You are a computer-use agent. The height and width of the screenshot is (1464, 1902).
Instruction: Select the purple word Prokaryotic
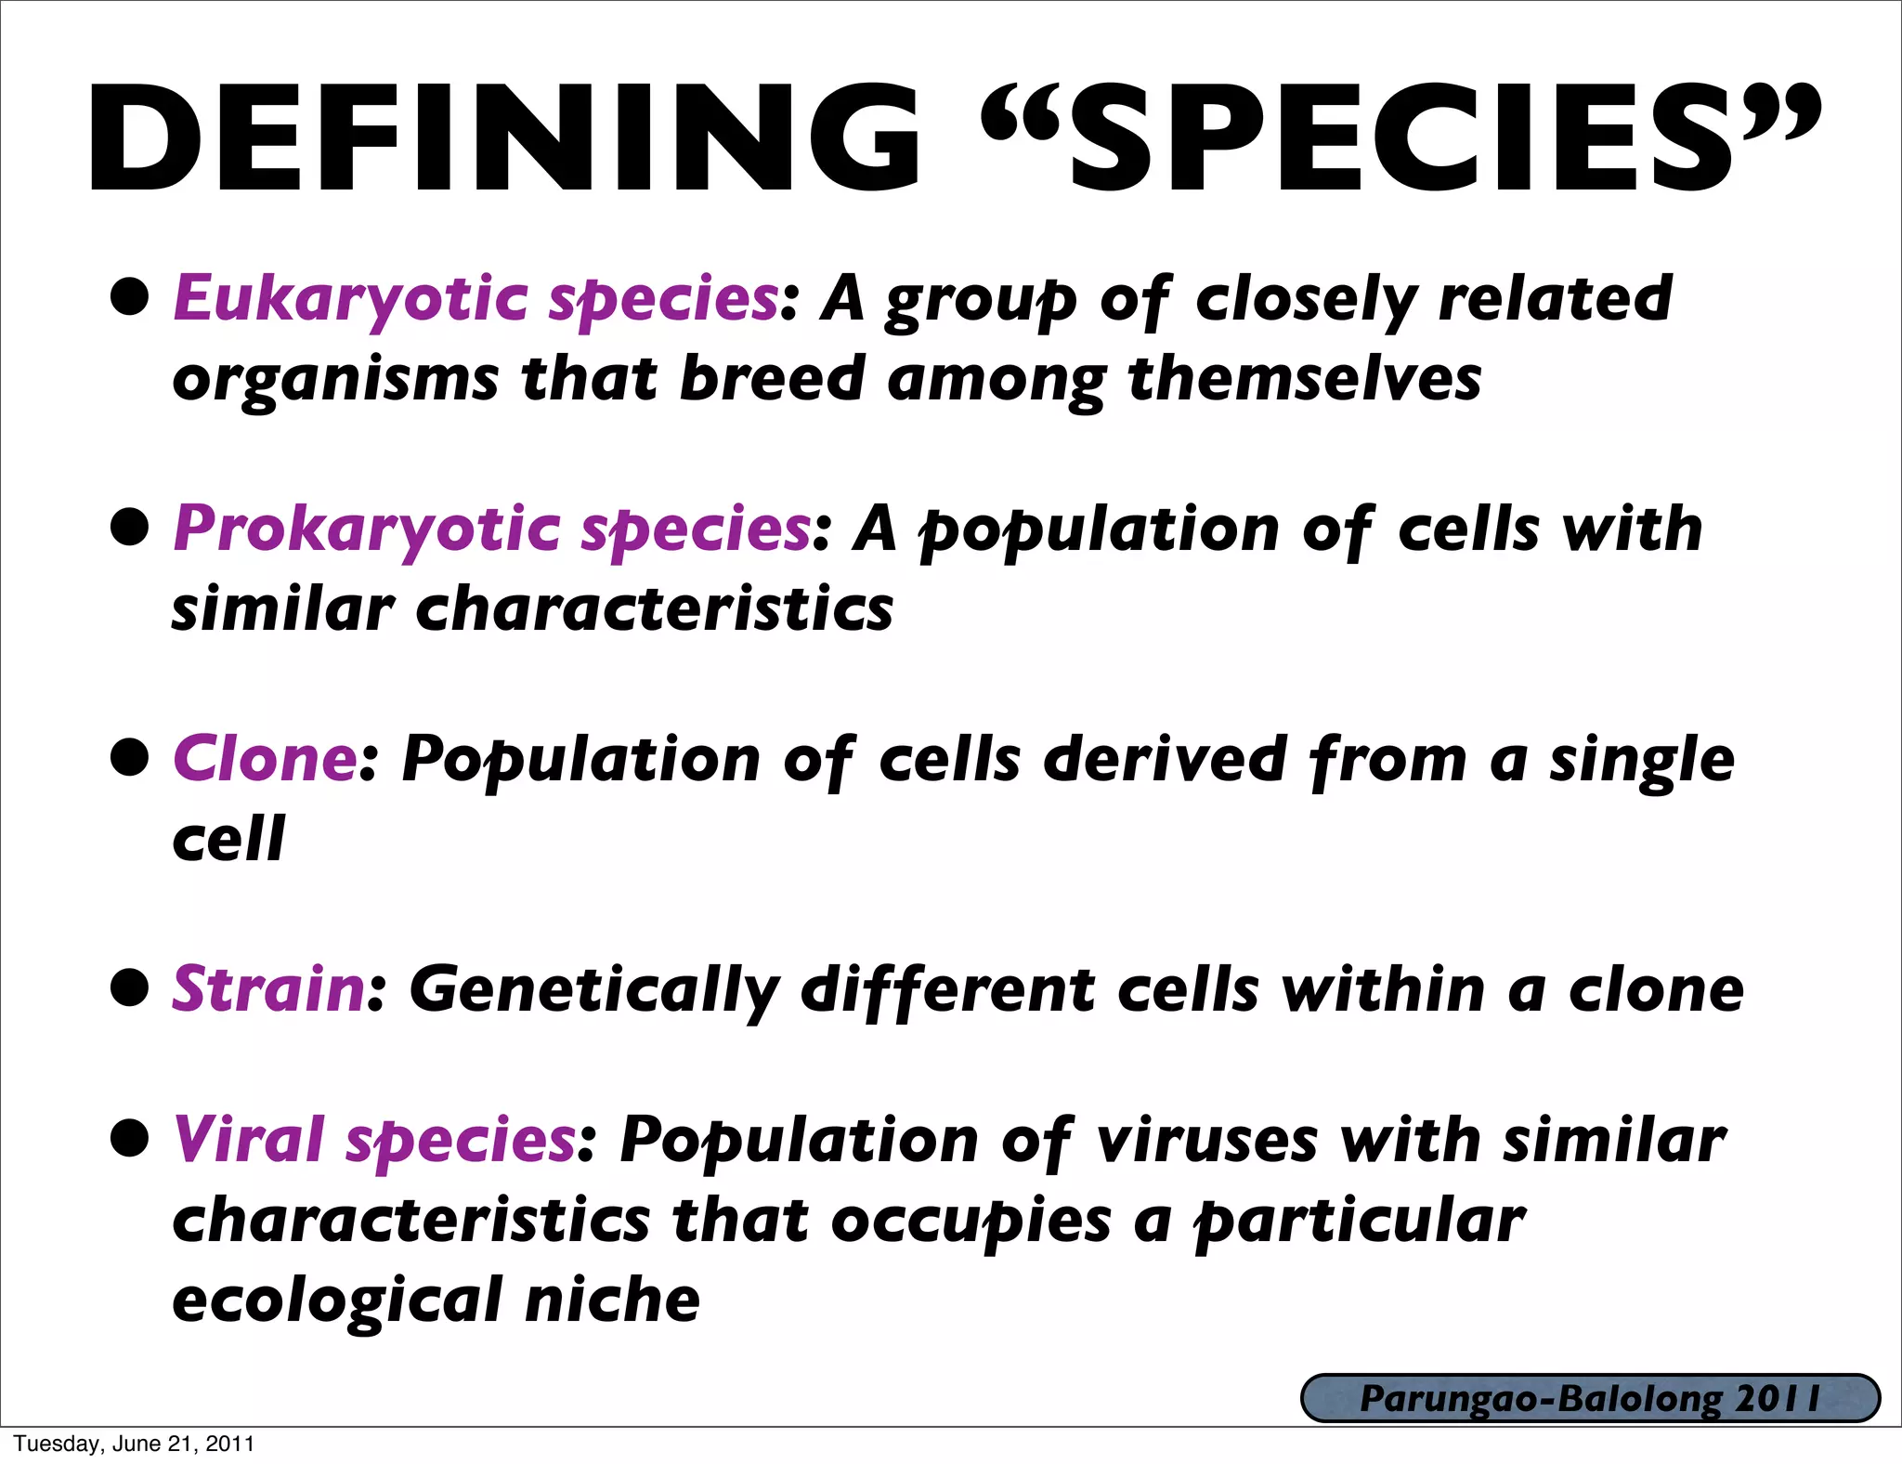tap(367, 529)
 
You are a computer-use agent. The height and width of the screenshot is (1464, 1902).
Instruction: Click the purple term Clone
tap(265, 759)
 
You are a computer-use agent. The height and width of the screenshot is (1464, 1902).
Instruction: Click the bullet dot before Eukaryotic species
tap(129, 297)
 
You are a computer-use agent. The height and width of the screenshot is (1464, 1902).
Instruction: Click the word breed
tap(772, 379)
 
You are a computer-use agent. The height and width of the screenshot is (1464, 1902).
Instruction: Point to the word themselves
tap(1304, 379)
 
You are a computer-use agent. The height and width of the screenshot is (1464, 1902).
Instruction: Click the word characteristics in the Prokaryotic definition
tap(654, 609)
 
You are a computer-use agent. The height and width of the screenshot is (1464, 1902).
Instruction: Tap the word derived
tap(1165, 759)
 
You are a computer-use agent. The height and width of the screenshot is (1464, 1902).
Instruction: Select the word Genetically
tap(593, 990)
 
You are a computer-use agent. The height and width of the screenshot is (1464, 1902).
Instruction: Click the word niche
tap(612, 1300)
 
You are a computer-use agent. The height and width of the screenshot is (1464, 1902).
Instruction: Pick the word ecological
tap(338, 1301)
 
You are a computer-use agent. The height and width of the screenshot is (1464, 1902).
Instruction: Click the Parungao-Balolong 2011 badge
tap(1589, 1399)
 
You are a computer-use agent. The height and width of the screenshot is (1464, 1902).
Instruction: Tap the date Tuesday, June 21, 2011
tap(134, 1444)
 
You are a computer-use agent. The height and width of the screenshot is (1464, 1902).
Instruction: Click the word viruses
tap(1206, 1141)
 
